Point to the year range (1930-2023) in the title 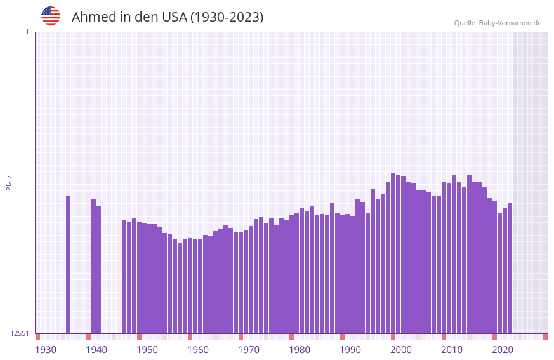(x=227, y=17)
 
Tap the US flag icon (x=51, y=16)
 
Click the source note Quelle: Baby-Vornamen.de (x=498, y=23)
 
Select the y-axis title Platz (x=9, y=182)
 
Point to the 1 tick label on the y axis (x=27, y=32)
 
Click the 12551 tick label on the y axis (x=20, y=333)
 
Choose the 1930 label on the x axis (x=46, y=350)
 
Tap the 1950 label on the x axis (x=147, y=350)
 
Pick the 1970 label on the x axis (x=249, y=350)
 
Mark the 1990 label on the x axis (x=350, y=350)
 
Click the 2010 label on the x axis (x=452, y=350)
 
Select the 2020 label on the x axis (x=503, y=350)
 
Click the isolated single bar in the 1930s (x=69, y=264)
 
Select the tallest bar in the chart (x=393, y=253)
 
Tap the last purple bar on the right (x=510, y=268)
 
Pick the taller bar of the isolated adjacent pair (x=94, y=266)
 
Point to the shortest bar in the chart (x=180, y=288)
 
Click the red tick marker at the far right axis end (x=546, y=337)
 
